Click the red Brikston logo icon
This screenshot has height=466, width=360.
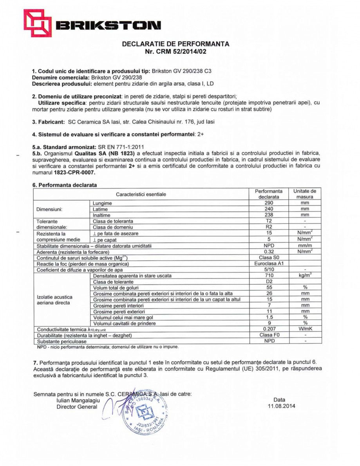pyautogui.click(x=37, y=23)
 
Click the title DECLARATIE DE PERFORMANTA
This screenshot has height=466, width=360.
pyautogui.click(x=175, y=44)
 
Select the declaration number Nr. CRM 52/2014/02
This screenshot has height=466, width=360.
pyautogui.click(x=175, y=51)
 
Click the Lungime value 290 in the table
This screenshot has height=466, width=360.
pyautogui.click(x=268, y=203)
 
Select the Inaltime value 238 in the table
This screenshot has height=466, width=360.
pyautogui.click(x=268, y=215)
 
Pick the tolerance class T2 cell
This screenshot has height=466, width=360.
pyautogui.click(x=268, y=221)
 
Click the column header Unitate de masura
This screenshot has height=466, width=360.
pyautogui.click(x=305, y=194)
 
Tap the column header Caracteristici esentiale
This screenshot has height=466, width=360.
pyautogui.click(x=141, y=194)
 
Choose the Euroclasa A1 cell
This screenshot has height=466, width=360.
pyautogui.click(x=268, y=263)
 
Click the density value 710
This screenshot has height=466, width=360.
pyautogui.click(x=268, y=275)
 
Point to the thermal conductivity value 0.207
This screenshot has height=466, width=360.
pyautogui.click(x=268, y=329)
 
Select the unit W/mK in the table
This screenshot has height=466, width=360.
pyautogui.click(x=305, y=329)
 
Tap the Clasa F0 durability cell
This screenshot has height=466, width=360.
pyautogui.click(x=268, y=335)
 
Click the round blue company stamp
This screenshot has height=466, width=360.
pyautogui.click(x=145, y=412)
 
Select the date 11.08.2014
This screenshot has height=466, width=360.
pyautogui.click(x=279, y=406)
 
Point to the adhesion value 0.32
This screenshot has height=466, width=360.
pyautogui.click(x=268, y=251)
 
